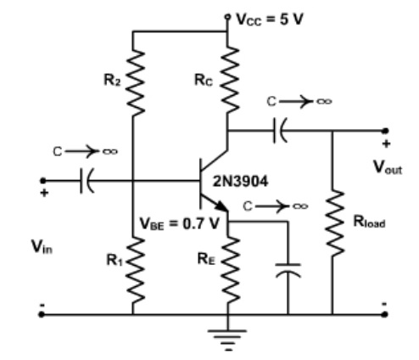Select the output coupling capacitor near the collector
point(279,132)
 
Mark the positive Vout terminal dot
point(386,132)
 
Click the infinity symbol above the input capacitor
point(109,151)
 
